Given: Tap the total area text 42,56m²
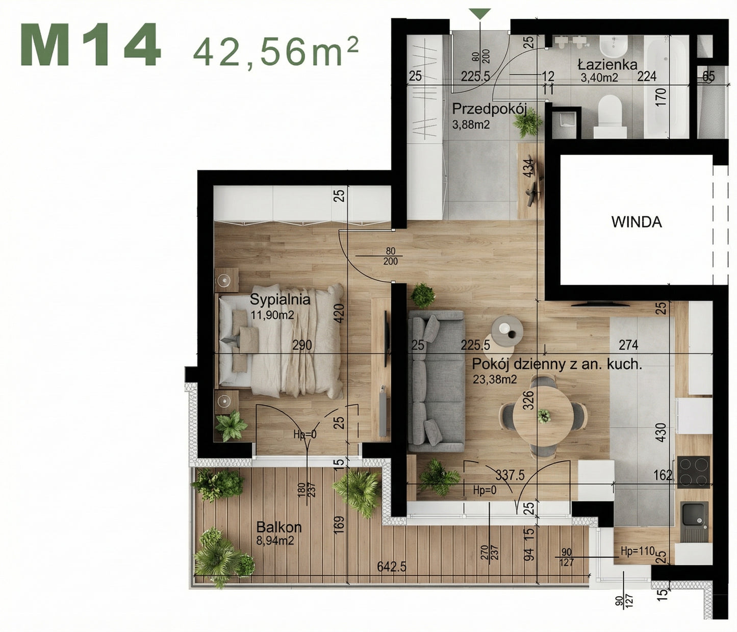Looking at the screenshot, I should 275,52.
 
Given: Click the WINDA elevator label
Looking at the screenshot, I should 636,222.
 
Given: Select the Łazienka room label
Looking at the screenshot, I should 607,65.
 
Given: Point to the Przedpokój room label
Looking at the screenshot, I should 489,109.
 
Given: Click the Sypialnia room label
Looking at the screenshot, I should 279,299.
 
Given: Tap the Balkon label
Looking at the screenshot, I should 278,527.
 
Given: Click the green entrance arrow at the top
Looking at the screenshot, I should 479,14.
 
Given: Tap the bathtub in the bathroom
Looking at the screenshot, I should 665,87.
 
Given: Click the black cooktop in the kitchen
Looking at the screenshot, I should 693,471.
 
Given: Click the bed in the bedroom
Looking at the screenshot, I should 281,341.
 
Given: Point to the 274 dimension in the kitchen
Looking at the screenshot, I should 628,345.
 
